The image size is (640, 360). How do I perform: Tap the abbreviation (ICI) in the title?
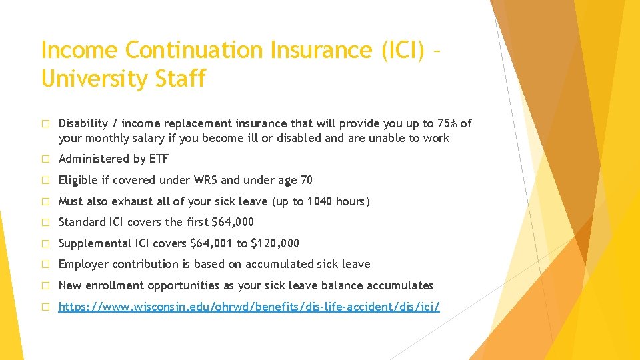click(x=399, y=50)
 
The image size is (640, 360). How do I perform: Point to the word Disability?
click(x=83, y=123)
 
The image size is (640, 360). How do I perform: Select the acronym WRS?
click(x=203, y=180)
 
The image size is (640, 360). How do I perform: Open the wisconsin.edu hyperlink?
click(x=249, y=307)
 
